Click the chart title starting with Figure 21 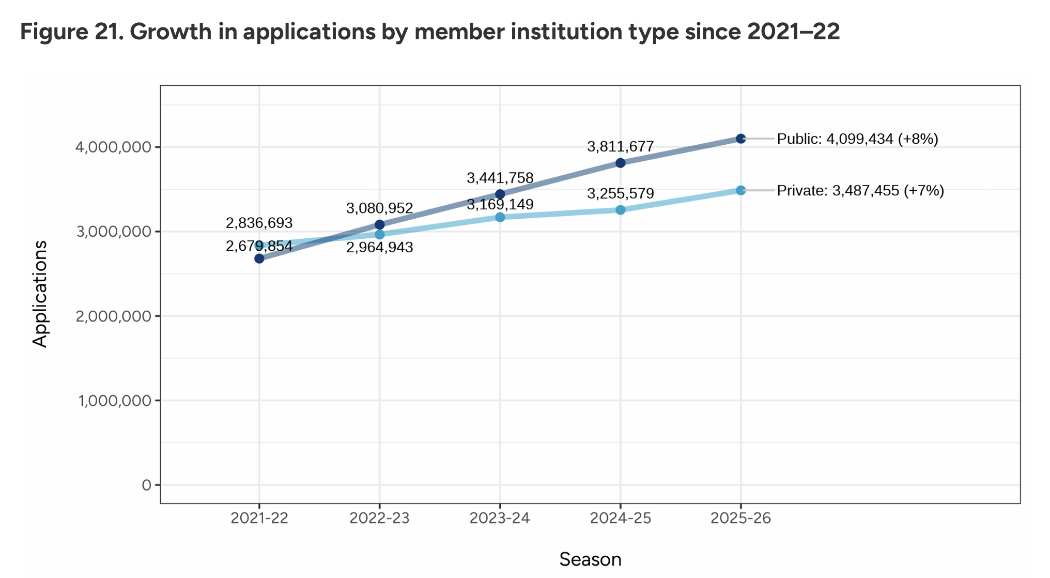click(430, 32)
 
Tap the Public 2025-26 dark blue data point click(740, 139)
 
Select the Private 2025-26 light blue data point click(740, 190)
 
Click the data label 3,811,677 click(620, 147)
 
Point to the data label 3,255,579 click(620, 194)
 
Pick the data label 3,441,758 click(500, 178)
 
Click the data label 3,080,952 click(379, 208)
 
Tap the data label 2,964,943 click(379, 248)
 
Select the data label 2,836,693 click(259, 223)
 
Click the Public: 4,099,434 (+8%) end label click(857, 139)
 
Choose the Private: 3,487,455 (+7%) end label click(860, 191)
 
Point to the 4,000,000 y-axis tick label click(114, 147)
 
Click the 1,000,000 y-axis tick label click(115, 401)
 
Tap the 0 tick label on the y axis click(147, 485)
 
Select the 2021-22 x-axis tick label click(259, 518)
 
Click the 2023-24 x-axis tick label click(500, 518)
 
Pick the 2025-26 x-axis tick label click(740, 518)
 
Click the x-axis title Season click(590, 559)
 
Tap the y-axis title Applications click(40, 294)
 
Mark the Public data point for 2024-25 click(620, 163)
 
